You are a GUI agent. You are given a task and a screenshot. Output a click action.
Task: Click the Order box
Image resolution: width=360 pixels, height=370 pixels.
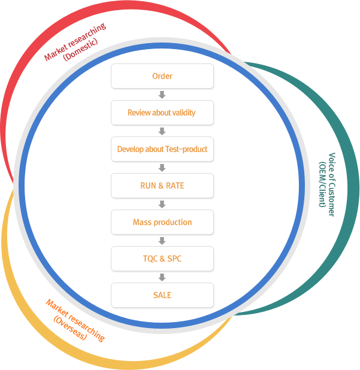[162, 76]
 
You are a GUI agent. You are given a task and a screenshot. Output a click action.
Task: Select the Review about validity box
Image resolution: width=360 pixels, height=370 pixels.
[162, 113]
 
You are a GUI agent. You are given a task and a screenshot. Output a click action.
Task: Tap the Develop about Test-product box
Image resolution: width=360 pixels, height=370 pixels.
[162, 149]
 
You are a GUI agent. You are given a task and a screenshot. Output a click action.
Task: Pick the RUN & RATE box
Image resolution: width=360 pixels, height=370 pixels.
[162, 186]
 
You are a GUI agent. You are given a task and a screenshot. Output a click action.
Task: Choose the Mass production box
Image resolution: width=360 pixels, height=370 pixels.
[162, 222]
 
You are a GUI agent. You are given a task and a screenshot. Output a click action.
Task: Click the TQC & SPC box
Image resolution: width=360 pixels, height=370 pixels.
[162, 259]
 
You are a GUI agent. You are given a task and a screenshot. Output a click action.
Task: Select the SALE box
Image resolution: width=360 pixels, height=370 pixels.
[162, 295]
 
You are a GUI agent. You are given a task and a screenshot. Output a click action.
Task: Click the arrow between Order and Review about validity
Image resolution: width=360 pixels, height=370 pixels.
[162, 95]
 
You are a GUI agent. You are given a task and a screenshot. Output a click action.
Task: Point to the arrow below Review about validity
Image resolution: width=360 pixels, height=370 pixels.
[162, 131]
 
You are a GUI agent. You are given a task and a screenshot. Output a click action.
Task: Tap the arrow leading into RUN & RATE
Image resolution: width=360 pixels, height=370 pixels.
[162, 168]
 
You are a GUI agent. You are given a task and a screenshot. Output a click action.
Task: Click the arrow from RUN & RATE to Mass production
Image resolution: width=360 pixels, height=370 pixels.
[162, 204]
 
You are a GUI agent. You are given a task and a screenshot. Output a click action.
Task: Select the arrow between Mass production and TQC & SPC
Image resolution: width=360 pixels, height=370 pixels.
[162, 241]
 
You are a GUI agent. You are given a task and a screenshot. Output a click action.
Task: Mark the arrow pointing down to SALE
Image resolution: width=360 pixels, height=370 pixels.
[162, 277]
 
